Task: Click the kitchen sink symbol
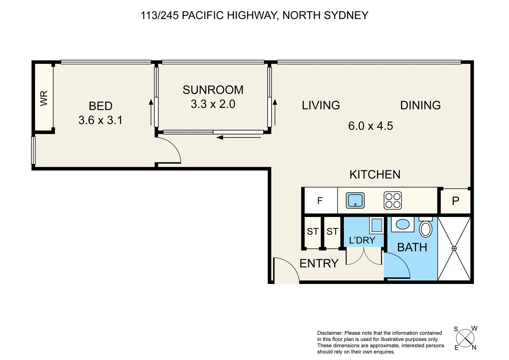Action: pos(355,201)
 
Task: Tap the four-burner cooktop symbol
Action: pos(393,201)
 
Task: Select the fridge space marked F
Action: pos(320,201)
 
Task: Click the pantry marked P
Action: pos(455,201)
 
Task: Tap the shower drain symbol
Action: pos(454,249)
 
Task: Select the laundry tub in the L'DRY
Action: pos(376,225)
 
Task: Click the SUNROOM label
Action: pos(213,90)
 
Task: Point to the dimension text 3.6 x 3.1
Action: pos(100,120)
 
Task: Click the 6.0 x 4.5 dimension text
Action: pos(370,126)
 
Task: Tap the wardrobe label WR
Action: pos(44,98)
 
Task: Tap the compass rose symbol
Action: pos(465,338)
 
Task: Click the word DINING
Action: pos(420,105)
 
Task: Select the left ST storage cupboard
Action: pos(312,231)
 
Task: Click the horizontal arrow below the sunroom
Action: pos(239,137)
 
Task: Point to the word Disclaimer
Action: pos(330,333)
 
